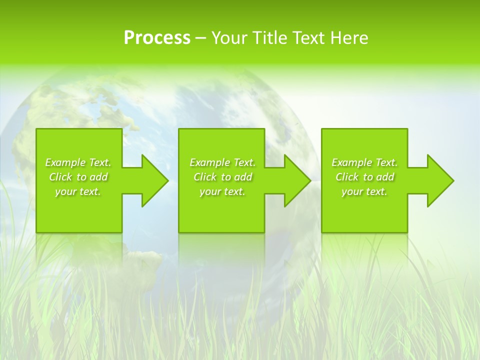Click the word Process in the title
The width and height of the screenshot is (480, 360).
point(157,38)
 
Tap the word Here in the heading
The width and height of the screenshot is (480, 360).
point(349,38)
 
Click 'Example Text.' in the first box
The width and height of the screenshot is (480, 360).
point(78,162)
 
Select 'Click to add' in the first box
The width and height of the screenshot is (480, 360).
point(78,177)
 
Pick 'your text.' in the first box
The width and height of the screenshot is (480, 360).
point(78,191)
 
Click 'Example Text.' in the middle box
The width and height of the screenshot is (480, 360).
point(222,162)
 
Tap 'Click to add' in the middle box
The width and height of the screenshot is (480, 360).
point(222,177)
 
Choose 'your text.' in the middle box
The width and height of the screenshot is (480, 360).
point(222,191)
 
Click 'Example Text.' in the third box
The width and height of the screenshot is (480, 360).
point(364,162)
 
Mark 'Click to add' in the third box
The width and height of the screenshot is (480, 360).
point(364,177)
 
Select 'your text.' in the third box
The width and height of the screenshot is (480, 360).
point(364,191)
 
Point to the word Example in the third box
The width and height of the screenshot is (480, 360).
point(352,162)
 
